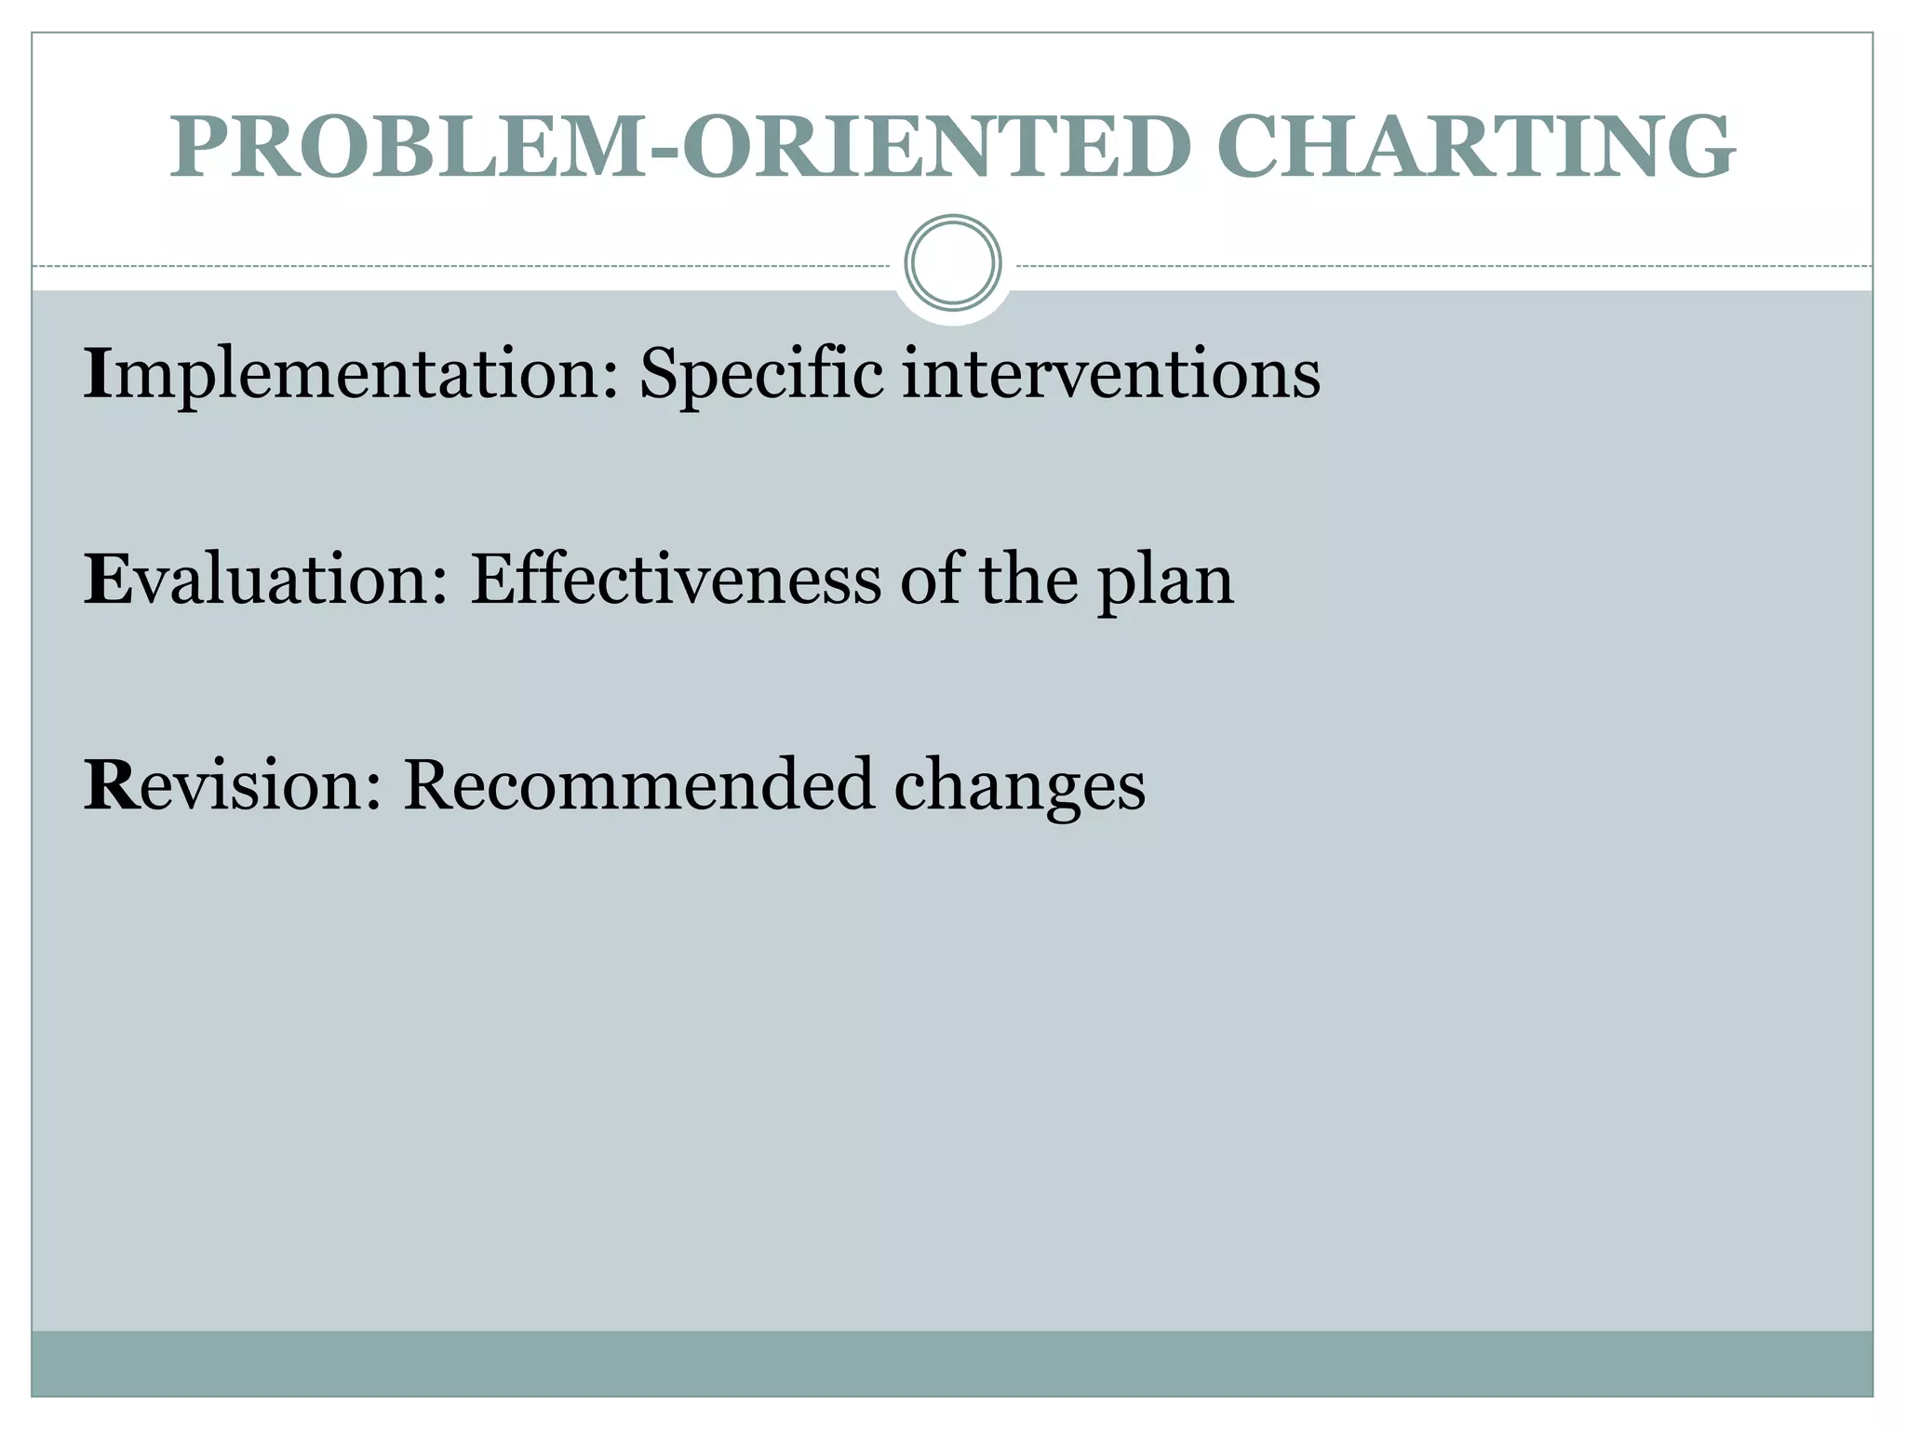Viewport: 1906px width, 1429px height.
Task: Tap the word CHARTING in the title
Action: click(x=1475, y=147)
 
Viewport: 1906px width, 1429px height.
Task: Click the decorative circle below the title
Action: click(x=953, y=263)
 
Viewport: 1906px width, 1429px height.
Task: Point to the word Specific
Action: click(x=761, y=374)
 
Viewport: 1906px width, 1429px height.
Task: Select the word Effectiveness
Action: click(x=676, y=579)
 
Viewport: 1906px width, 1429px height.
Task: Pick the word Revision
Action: click(x=233, y=784)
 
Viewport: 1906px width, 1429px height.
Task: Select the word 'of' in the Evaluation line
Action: click(x=931, y=579)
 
